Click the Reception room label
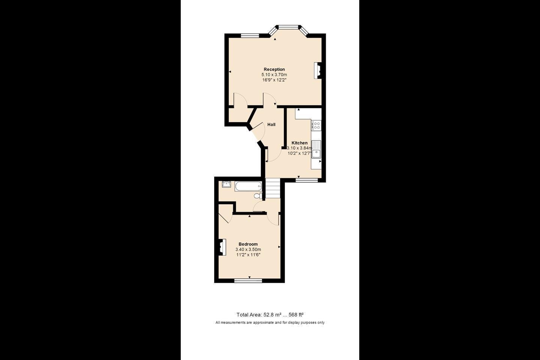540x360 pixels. (274, 69)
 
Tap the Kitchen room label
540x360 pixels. (299, 143)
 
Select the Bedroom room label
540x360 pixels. (248, 244)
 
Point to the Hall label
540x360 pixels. (271, 124)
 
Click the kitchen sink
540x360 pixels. (316, 149)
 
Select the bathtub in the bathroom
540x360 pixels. (248, 186)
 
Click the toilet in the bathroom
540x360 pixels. (258, 196)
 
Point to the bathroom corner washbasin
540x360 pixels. (226, 184)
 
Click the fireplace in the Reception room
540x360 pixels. (318, 70)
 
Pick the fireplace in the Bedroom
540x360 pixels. (222, 247)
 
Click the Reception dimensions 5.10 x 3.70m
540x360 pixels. (274, 75)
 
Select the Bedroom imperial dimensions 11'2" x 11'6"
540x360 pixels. (248, 255)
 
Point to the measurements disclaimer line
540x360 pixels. (270, 322)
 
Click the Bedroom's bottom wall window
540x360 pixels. (248, 280)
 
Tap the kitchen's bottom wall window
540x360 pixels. (306, 180)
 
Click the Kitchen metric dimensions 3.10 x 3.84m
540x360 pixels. (299, 148)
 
